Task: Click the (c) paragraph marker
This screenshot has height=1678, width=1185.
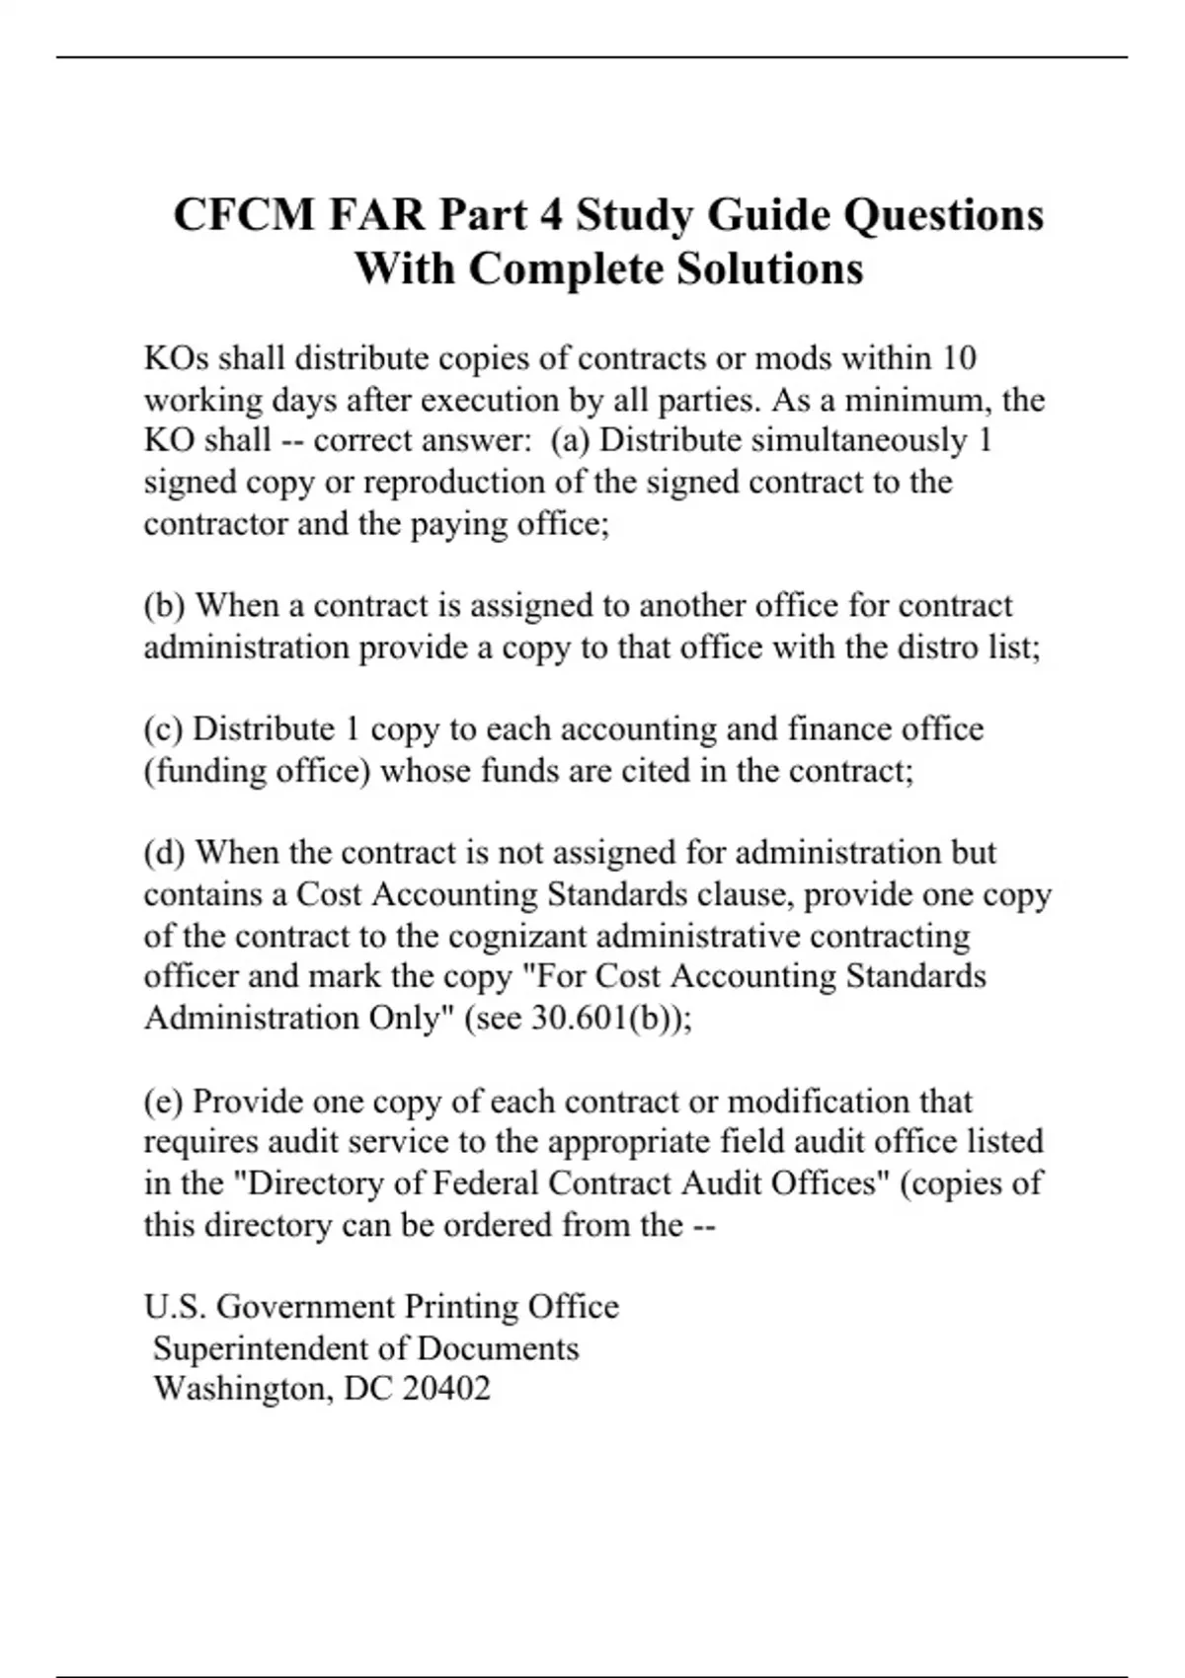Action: tap(163, 728)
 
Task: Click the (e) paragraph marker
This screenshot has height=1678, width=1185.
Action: tap(163, 1101)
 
